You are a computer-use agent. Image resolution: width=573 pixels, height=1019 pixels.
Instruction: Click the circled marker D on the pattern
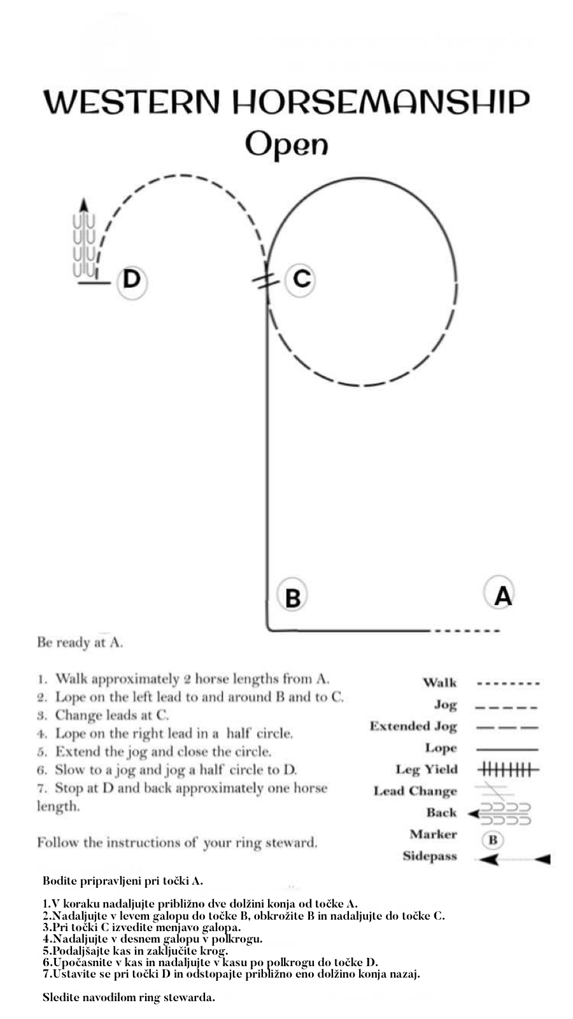click(x=132, y=280)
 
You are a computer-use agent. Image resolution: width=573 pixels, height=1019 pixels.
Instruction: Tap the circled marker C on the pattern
click(x=300, y=280)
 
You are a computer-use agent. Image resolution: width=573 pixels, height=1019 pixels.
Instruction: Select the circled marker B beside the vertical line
click(x=292, y=595)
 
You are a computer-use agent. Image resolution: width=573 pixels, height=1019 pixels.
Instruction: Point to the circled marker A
click(x=499, y=593)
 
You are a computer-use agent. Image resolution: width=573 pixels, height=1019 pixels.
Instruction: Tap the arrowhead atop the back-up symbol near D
click(x=83, y=204)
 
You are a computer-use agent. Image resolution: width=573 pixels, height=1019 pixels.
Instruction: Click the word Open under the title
click(x=286, y=145)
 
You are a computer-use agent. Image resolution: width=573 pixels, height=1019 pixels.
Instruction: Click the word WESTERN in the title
click(x=131, y=102)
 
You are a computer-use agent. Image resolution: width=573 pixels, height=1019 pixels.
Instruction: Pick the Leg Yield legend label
click(x=427, y=770)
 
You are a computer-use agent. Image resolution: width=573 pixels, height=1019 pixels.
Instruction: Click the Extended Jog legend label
click(x=413, y=726)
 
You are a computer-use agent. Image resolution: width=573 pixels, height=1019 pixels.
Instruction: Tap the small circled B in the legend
click(x=493, y=840)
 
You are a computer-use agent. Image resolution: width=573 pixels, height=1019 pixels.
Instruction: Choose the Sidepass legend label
click(x=430, y=856)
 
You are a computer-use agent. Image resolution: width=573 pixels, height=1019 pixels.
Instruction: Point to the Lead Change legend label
click(x=415, y=792)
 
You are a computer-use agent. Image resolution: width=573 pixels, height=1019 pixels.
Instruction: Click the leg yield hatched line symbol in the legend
click(x=507, y=770)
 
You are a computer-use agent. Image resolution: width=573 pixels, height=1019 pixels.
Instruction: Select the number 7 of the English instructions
click(x=42, y=788)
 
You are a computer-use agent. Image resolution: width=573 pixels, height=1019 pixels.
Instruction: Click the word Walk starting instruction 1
click(x=71, y=679)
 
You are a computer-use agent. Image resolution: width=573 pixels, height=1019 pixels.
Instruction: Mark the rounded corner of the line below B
click(x=269, y=628)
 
